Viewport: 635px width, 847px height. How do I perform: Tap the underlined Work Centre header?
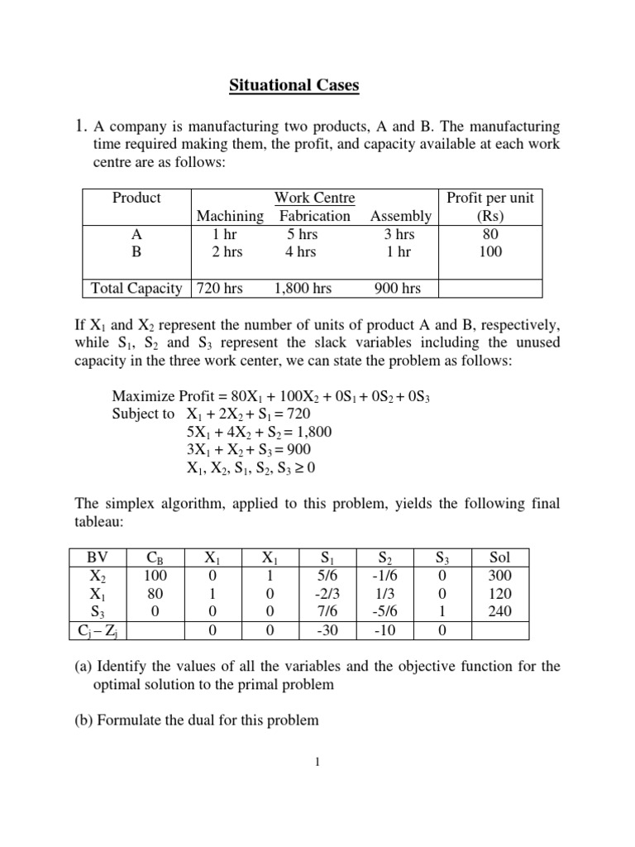(314, 198)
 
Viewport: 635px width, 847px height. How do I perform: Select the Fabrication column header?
(314, 216)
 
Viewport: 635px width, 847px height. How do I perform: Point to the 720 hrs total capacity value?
(219, 288)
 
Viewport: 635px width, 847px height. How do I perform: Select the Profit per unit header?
(490, 198)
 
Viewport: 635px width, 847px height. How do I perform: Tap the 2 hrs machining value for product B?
(227, 252)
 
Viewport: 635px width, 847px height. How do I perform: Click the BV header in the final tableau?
(97, 557)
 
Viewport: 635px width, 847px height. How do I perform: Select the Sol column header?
(500, 557)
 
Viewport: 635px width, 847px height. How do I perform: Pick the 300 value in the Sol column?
(500, 576)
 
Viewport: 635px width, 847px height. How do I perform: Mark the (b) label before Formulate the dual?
(84, 720)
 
